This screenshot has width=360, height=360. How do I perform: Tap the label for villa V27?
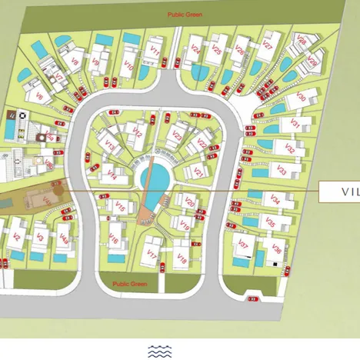coord(267,46)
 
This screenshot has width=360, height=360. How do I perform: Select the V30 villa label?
coord(301,98)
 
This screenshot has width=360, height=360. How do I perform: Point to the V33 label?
coord(282,171)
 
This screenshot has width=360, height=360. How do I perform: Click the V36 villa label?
coord(277,248)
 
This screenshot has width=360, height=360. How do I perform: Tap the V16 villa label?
coord(114,240)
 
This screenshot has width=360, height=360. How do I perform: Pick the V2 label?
coord(16,236)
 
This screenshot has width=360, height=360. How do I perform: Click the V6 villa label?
coord(38,97)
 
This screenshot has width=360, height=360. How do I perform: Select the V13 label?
coord(110,144)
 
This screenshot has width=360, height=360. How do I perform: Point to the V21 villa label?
coord(198,172)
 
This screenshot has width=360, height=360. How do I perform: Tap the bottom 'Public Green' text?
coord(129,284)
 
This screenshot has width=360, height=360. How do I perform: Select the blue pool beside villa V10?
coord(130,38)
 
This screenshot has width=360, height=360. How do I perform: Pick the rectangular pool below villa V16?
coord(115,258)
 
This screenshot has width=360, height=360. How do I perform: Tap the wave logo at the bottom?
coord(159,352)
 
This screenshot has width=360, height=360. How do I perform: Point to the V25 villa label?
coord(216,50)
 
